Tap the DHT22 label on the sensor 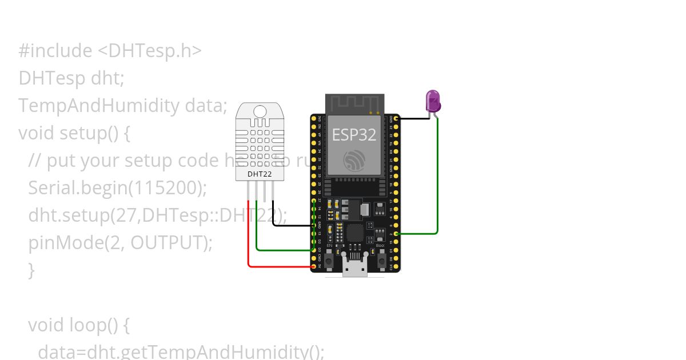coord(260,174)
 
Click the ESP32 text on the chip coord(354,135)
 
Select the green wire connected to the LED coord(437,183)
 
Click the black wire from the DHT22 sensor coord(286,225)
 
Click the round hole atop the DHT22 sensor coord(260,111)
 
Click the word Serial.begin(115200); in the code coord(117,187)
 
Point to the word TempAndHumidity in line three coord(98,106)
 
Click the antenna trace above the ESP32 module coord(354,103)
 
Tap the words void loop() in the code coord(79,325)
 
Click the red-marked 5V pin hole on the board coord(314,266)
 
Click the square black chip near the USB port coord(356,232)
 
